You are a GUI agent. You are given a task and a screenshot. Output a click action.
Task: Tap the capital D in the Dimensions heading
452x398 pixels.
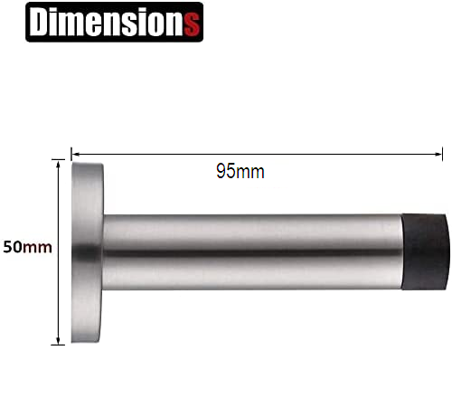point(42,23)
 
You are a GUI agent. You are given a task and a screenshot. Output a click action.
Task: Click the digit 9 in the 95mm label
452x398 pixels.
point(221,172)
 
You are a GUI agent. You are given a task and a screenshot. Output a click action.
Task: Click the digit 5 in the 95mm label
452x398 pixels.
point(231,172)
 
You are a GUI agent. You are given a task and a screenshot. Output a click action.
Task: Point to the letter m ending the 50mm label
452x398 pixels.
point(41,246)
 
